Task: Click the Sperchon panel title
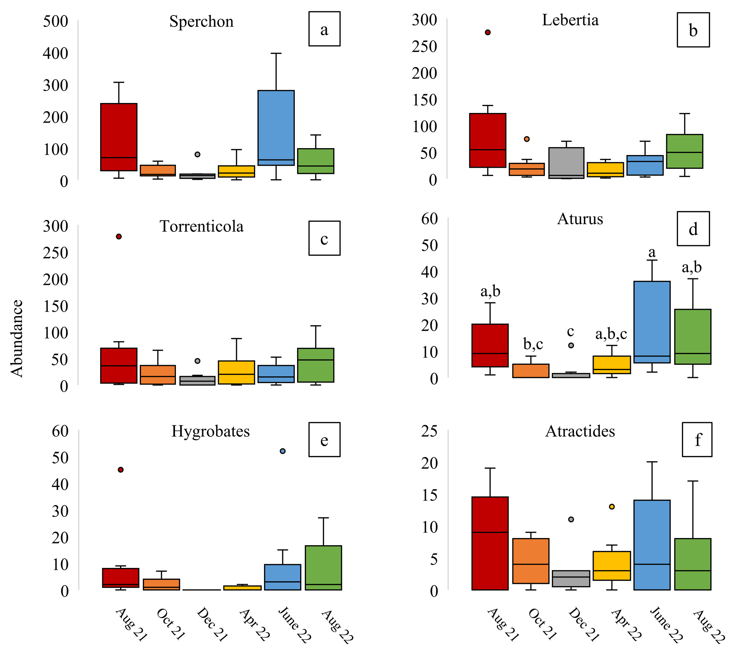(x=201, y=21)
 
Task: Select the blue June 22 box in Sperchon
(x=276, y=127)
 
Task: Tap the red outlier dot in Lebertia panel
(x=488, y=33)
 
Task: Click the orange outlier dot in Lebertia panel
(x=526, y=139)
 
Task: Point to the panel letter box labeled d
(x=693, y=229)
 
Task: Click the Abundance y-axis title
(x=17, y=339)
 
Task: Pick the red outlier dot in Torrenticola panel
(x=119, y=237)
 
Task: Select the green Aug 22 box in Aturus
(x=693, y=337)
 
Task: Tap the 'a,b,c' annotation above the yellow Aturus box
(x=611, y=334)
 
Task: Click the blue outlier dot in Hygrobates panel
(x=283, y=451)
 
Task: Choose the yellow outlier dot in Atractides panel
(x=612, y=507)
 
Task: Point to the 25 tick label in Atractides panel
(x=429, y=431)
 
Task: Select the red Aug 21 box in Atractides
(x=490, y=543)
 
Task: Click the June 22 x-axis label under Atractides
(x=666, y=624)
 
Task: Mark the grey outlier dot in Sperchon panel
(x=197, y=154)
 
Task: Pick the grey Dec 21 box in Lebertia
(x=566, y=163)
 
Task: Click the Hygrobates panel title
(x=211, y=431)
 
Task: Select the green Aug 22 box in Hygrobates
(x=323, y=568)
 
